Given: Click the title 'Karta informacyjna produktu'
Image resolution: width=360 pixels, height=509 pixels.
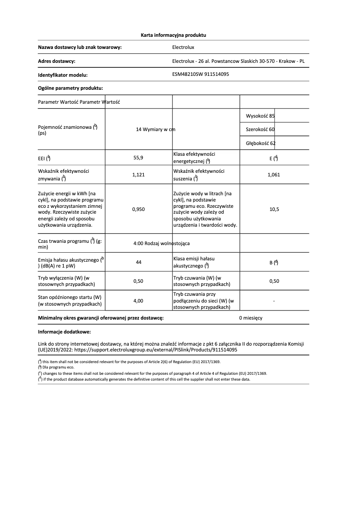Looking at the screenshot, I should click(x=173, y=35).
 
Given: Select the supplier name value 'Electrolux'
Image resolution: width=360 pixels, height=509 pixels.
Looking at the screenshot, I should click(x=183, y=47).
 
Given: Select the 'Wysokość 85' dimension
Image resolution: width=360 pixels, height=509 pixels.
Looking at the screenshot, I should click(x=260, y=116).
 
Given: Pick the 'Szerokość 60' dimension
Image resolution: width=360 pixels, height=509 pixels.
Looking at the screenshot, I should click(x=260, y=129).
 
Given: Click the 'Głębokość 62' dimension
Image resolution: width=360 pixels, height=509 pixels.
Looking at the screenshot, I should click(x=261, y=143).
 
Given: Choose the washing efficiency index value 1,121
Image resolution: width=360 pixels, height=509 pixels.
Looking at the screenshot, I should click(x=139, y=175).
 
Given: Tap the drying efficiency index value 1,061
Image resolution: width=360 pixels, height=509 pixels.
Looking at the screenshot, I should click(x=273, y=175).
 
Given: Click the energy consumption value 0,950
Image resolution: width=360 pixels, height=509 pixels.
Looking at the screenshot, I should click(x=139, y=209).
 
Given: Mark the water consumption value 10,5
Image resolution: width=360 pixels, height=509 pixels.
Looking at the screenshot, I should click(x=273, y=209).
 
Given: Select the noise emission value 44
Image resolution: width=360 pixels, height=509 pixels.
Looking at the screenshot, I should click(x=139, y=263).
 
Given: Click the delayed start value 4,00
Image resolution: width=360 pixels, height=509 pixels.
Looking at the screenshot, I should click(x=139, y=301).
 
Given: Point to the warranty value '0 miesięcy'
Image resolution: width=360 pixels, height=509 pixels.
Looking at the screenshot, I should click(x=250, y=318).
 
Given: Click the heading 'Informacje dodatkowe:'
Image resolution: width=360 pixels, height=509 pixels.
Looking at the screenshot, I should click(x=65, y=332).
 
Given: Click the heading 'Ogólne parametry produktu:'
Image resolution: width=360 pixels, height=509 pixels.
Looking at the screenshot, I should click(x=70, y=88).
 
